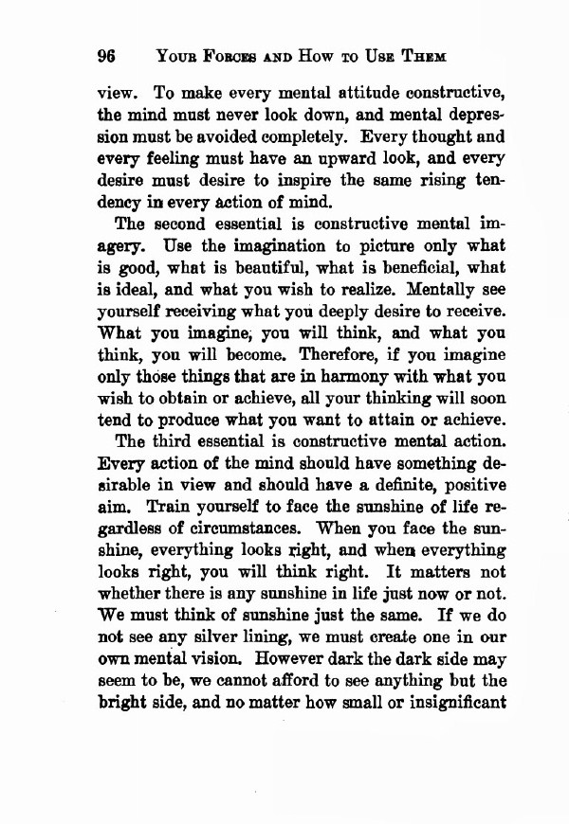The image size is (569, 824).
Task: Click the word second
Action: pyautogui.click(x=178, y=225)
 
